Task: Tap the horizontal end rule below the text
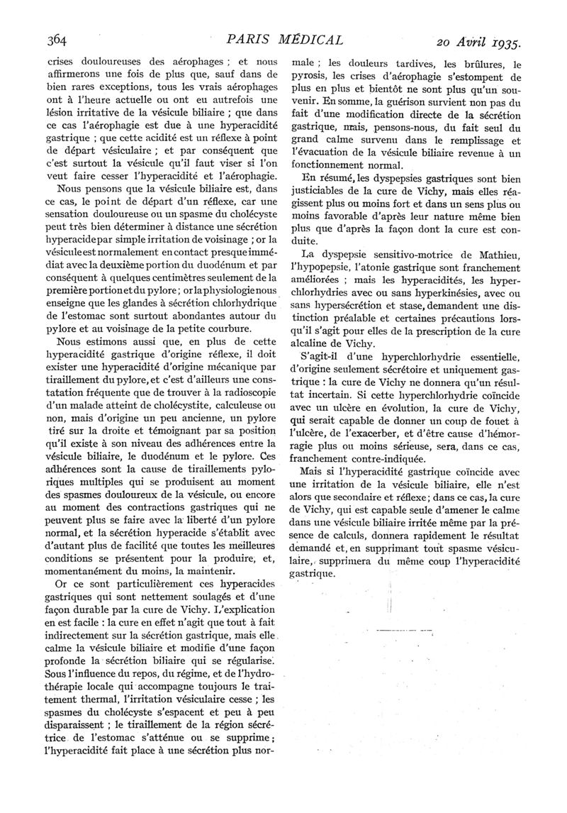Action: click(394, 628)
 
